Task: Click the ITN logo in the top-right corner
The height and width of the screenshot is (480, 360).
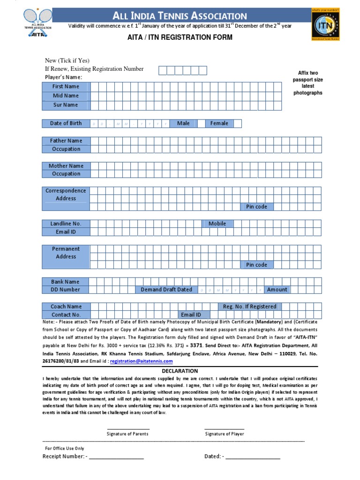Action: point(326,24)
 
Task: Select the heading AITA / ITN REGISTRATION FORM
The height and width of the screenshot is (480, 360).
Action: point(180,37)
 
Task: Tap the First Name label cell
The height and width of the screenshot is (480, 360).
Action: point(66,86)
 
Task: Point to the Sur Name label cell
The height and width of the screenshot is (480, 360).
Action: point(66,105)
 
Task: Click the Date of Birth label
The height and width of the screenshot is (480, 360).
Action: point(66,123)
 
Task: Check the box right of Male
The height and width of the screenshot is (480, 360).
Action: point(201,123)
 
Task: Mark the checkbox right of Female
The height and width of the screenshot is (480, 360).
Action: point(238,123)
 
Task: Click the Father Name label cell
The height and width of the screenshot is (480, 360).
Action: point(66,141)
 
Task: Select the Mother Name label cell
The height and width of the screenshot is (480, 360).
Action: point(66,166)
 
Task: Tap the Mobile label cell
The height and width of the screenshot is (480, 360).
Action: point(217,224)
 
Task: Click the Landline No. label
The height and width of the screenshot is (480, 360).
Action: point(66,224)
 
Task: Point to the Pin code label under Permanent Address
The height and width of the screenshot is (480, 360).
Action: point(256,265)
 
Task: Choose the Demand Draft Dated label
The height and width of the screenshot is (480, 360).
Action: point(166,290)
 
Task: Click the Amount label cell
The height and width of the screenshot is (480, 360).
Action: point(277,290)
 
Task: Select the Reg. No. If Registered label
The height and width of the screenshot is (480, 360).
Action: point(249,307)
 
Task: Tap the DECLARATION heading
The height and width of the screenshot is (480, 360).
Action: point(180,371)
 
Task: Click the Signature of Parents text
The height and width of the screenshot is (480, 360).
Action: point(127,434)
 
